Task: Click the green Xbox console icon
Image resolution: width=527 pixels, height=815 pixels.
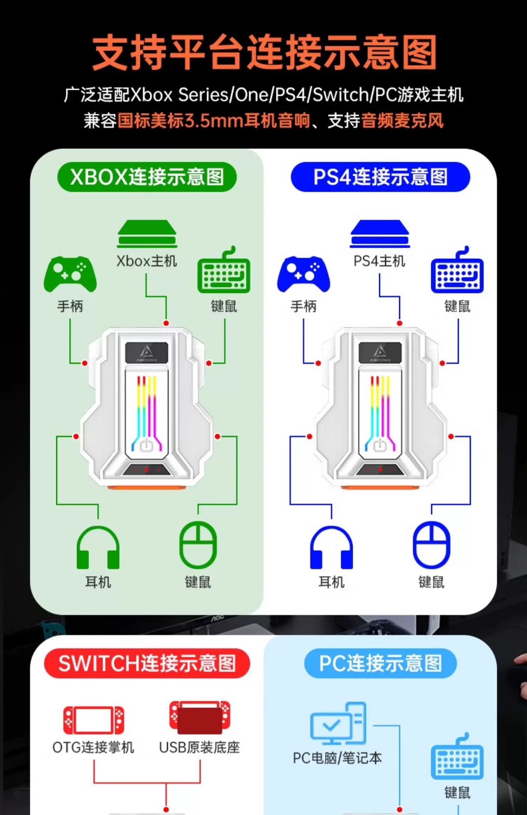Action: (x=147, y=235)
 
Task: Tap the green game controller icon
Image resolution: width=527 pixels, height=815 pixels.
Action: (x=70, y=274)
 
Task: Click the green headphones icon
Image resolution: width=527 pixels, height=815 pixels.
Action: (x=98, y=548)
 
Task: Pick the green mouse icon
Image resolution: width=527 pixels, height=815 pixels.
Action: (x=198, y=545)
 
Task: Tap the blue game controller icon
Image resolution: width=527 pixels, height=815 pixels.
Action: (x=303, y=274)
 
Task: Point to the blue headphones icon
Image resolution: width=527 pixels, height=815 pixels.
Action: (x=332, y=548)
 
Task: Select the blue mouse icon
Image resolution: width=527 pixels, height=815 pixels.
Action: (x=432, y=545)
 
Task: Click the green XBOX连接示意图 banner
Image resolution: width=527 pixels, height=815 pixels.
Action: (x=147, y=177)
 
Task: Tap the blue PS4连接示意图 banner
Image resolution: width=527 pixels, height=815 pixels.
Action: (x=380, y=177)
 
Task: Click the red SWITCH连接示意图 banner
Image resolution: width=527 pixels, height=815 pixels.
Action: (x=147, y=663)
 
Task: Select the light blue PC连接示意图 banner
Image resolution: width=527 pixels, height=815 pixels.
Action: (x=380, y=663)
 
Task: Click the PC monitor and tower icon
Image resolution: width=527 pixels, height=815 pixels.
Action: (x=338, y=723)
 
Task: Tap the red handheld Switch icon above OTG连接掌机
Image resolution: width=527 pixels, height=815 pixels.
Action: (x=93, y=720)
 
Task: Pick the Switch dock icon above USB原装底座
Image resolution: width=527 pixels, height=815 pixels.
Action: (x=200, y=718)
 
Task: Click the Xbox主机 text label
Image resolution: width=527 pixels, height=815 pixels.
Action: (x=147, y=261)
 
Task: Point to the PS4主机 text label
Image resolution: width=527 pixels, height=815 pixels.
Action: (x=379, y=261)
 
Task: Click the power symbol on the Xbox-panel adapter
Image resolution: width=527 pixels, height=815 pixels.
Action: (x=147, y=445)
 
